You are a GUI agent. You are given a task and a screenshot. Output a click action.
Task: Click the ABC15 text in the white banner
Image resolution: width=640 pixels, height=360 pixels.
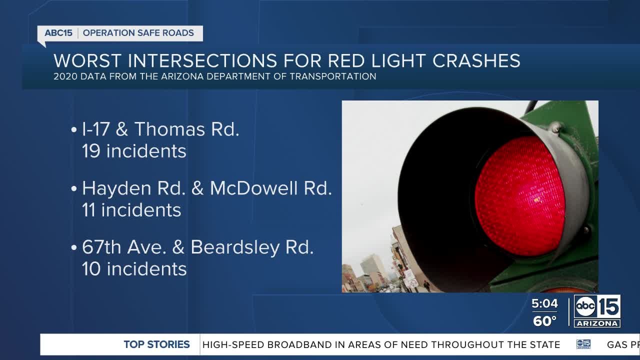click(58, 33)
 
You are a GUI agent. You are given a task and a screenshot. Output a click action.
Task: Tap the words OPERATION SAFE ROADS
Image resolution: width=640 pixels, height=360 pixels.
click(138, 33)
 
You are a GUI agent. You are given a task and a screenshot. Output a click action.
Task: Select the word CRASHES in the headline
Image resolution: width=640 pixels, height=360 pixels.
click(476, 60)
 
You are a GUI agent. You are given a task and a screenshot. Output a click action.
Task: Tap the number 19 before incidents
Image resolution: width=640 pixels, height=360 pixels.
click(91, 151)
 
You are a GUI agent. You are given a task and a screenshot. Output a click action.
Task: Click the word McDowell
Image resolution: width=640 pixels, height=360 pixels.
click(253, 188)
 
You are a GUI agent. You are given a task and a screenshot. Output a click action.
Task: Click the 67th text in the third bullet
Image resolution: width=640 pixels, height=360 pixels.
click(101, 247)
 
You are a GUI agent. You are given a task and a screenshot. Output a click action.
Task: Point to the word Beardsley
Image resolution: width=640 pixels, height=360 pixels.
click(235, 247)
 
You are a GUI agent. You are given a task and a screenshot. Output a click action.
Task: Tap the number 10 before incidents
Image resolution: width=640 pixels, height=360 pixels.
click(91, 269)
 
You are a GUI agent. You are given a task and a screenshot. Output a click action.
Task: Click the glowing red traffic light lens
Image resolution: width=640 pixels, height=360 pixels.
click(520, 196)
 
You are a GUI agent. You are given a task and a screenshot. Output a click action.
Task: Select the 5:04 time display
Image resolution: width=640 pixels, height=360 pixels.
click(544, 303)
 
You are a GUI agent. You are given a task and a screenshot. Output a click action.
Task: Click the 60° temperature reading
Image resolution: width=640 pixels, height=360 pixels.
click(544, 321)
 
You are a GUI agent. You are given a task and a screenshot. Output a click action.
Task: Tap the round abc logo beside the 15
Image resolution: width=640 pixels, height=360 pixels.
click(585, 306)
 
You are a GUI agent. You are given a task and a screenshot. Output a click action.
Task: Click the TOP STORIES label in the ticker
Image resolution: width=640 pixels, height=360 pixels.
click(156, 344)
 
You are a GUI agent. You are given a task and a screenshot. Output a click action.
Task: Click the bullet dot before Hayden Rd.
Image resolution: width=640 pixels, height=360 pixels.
click(74, 189)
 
